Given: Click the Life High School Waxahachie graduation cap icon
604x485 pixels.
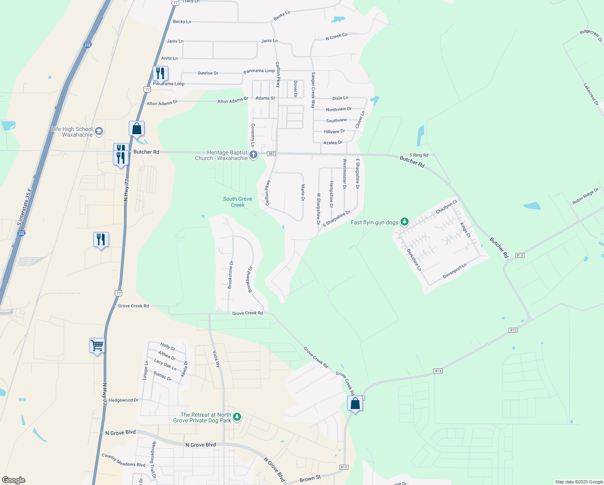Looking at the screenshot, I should tap(99, 131).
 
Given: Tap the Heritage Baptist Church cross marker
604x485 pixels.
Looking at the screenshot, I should tap(254, 154).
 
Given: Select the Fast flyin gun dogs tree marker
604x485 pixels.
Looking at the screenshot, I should tap(405, 221).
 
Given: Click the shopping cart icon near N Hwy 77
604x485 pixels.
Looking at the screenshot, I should tap(97, 346).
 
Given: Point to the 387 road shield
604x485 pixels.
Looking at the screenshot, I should tap(271, 154).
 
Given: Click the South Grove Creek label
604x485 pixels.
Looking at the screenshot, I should tap(237, 202).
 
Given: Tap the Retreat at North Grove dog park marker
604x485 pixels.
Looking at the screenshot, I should tap(237, 417).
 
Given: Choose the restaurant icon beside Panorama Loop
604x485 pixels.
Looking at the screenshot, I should tap(160, 74).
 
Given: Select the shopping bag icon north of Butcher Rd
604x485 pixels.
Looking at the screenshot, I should tap(137, 129).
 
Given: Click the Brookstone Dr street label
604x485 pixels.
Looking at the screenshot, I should tap(230, 275).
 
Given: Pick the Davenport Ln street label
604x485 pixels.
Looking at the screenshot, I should tap(455, 271).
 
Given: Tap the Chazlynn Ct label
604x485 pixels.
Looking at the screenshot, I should tap(447, 207).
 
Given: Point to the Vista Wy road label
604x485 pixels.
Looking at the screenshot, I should tap(217, 359).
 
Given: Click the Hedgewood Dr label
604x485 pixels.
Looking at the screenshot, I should tap(124, 400).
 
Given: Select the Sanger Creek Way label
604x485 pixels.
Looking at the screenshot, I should tap(313, 90).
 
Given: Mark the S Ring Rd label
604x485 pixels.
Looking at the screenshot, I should tap(419, 155).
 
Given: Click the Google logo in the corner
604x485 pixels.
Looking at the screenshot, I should tap(14, 480).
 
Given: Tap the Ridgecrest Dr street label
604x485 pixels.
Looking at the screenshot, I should tap(591, 36).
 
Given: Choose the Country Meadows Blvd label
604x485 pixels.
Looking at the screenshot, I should tap(124, 460).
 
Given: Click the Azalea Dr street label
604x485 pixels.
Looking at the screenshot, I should tap(333, 143).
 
